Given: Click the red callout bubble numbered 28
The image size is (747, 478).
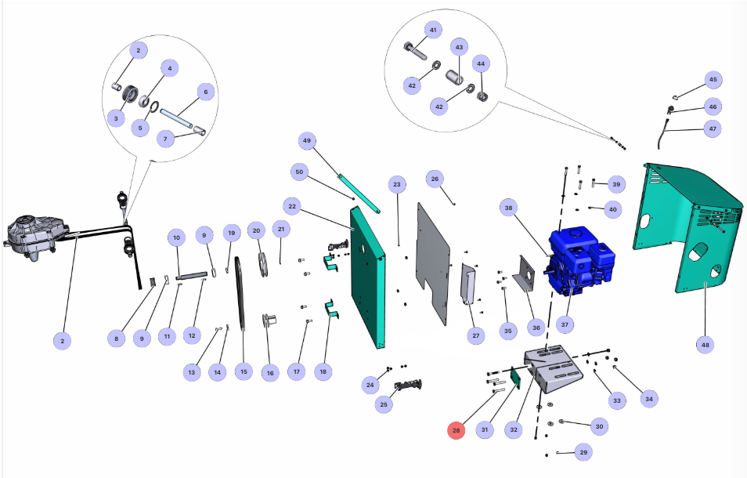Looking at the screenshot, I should click(x=456, y=429).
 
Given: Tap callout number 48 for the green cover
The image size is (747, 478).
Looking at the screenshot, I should click(x=708, y=344).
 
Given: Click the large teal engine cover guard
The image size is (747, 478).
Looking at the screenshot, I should click(x=689, y=227).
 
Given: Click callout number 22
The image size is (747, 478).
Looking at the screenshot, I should click(x=293, y=206).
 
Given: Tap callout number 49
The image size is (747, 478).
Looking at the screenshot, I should click(x=307, y=141).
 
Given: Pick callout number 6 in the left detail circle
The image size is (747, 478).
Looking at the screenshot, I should click(x=205, y=92).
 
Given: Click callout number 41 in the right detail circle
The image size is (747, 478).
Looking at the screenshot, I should click(x=432, y=29).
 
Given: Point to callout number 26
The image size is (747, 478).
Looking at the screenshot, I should click(x=435, y=179).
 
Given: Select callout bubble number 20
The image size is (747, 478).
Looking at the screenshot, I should click(x=255, y=230).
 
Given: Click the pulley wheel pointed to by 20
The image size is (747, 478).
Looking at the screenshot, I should click(x=265, y=262).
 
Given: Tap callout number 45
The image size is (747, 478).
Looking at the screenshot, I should click(x=713, y=80).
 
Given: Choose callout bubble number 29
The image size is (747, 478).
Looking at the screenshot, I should click(x=583, y=452).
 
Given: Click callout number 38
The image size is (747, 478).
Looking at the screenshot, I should click(x=509, y=208).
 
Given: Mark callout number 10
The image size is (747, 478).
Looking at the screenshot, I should click(x=177, y=237).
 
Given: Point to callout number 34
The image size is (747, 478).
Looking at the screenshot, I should click(x=648, y=399).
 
